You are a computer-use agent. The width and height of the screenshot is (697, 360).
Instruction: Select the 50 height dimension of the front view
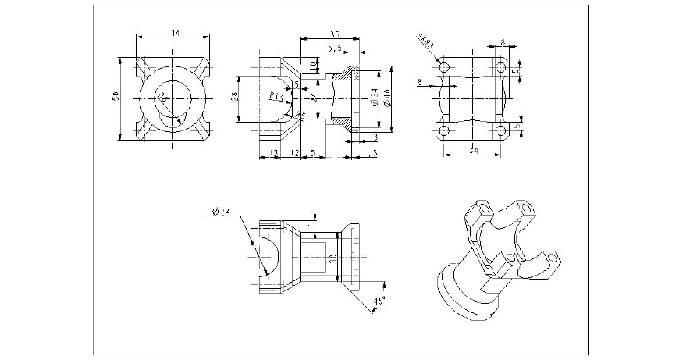pos(116,96)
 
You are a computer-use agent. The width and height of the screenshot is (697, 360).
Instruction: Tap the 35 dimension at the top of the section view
pos(334,34)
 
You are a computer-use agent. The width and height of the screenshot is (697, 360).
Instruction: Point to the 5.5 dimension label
pos(336,48)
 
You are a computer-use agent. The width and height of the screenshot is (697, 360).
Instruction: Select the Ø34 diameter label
pos(375,98)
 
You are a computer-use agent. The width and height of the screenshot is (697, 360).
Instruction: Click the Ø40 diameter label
pos(387,98)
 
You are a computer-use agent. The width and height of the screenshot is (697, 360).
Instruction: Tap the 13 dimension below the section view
pos(274,153)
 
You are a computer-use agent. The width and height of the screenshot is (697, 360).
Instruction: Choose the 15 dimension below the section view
pos(311,153)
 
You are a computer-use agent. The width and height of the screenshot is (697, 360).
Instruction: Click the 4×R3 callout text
pos(425,41)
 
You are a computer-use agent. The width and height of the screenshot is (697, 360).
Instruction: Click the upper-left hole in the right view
pos(444,68)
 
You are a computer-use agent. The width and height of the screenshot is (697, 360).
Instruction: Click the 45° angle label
pos(379,301)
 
